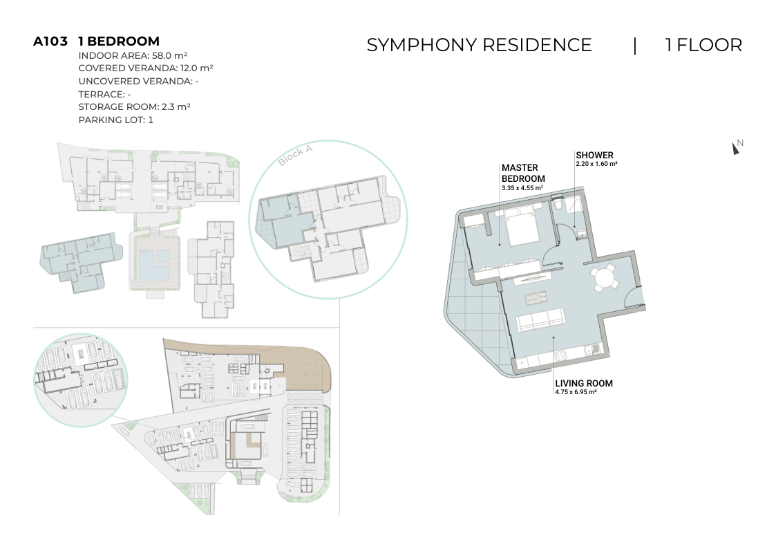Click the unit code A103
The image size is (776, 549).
(x=50, y=41)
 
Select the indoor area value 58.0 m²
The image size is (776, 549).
(x=169, y=55)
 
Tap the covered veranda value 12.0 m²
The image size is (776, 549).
(x=196, y=68)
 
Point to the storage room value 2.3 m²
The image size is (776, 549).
(x=176, y=106)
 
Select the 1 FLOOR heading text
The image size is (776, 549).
(x=703, y=45)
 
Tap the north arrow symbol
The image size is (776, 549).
(x=735, y=148)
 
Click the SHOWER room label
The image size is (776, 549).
(x=594, y=155)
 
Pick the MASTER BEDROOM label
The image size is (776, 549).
(x=523, y=174)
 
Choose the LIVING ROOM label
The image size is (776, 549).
(x=584, y=383)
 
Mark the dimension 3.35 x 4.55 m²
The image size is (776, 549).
(x=522, y=188)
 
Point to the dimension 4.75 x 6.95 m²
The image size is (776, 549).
(x=576, y=392)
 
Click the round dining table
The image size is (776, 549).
(x=604, y=278)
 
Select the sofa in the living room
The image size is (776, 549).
(x=540, y=320)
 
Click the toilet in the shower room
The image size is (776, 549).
(x=558, y=204)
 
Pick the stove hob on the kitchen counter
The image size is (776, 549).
(x=561, y=355)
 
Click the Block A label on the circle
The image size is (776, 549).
(x=296, y=156)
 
